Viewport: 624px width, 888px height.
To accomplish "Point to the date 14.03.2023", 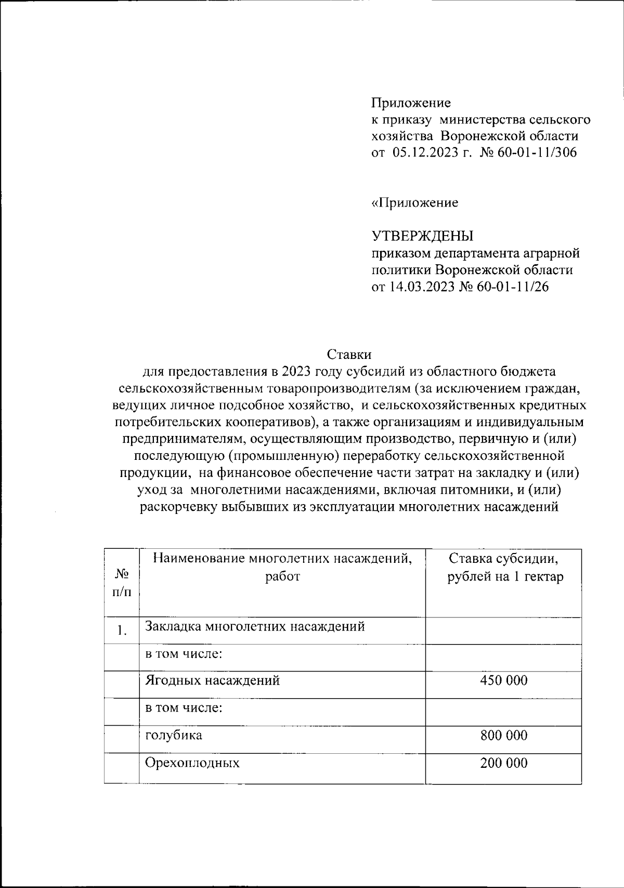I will pyautogui.click(x=419, y=287).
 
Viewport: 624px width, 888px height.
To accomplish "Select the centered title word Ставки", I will pyautogui.click(x=349, y=355).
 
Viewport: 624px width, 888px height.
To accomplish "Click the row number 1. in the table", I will pyautogui.click(x=122, y=631).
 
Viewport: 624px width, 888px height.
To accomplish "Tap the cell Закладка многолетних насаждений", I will pyautogui.click(x=255, y=626).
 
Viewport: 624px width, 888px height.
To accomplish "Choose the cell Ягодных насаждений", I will pyautogui.click(x=212, y=680).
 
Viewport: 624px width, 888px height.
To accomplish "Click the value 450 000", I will pyautogui.click(x=503, y=680).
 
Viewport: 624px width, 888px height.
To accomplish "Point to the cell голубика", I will pyautogui.click(x=174, y=735).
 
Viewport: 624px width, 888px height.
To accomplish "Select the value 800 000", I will pyautogui.click(x=503, y=735).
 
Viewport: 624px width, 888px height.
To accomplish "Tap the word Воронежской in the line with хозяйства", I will pyautogui.click(x=482, y=136).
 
